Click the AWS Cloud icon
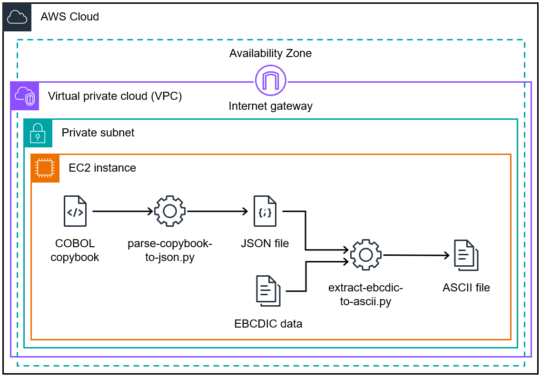click(x=18, y=17)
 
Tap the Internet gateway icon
click(x=270, y=81)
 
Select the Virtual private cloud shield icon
click(x=25, y=96)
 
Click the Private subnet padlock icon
click(x=38, y=133)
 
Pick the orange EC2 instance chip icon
click(x=45, y=168)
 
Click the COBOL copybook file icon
click(x=75, y=211)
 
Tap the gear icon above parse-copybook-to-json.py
click(x=169, y=211)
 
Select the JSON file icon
click(x=265, y=211)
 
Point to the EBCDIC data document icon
click(x=268, y=290)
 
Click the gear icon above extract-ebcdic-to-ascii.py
click(x=365, y=255)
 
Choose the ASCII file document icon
click(x=466, y=255)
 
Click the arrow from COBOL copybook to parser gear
click(x=123, y=211)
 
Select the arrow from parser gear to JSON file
click(x=218, y=211)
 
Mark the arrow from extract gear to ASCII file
click(x=416, y=255)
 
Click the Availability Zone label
click(x=270, y=53)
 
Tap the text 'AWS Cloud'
click(x=70, y=17)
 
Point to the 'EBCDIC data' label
click(x=268, y=324)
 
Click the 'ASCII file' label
click(x=466, y=287)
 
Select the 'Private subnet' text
click(x=98, y=133)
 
